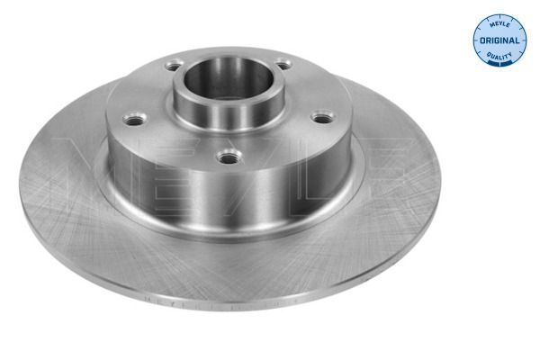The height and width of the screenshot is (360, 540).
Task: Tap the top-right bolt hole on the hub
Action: pyautogui.click(x=283, y=64)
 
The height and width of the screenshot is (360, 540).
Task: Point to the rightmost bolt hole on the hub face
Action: pyautogui.click(x=321, y=116)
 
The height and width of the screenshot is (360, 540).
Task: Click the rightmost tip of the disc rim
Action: pyautogui.click(x=440, y=184)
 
